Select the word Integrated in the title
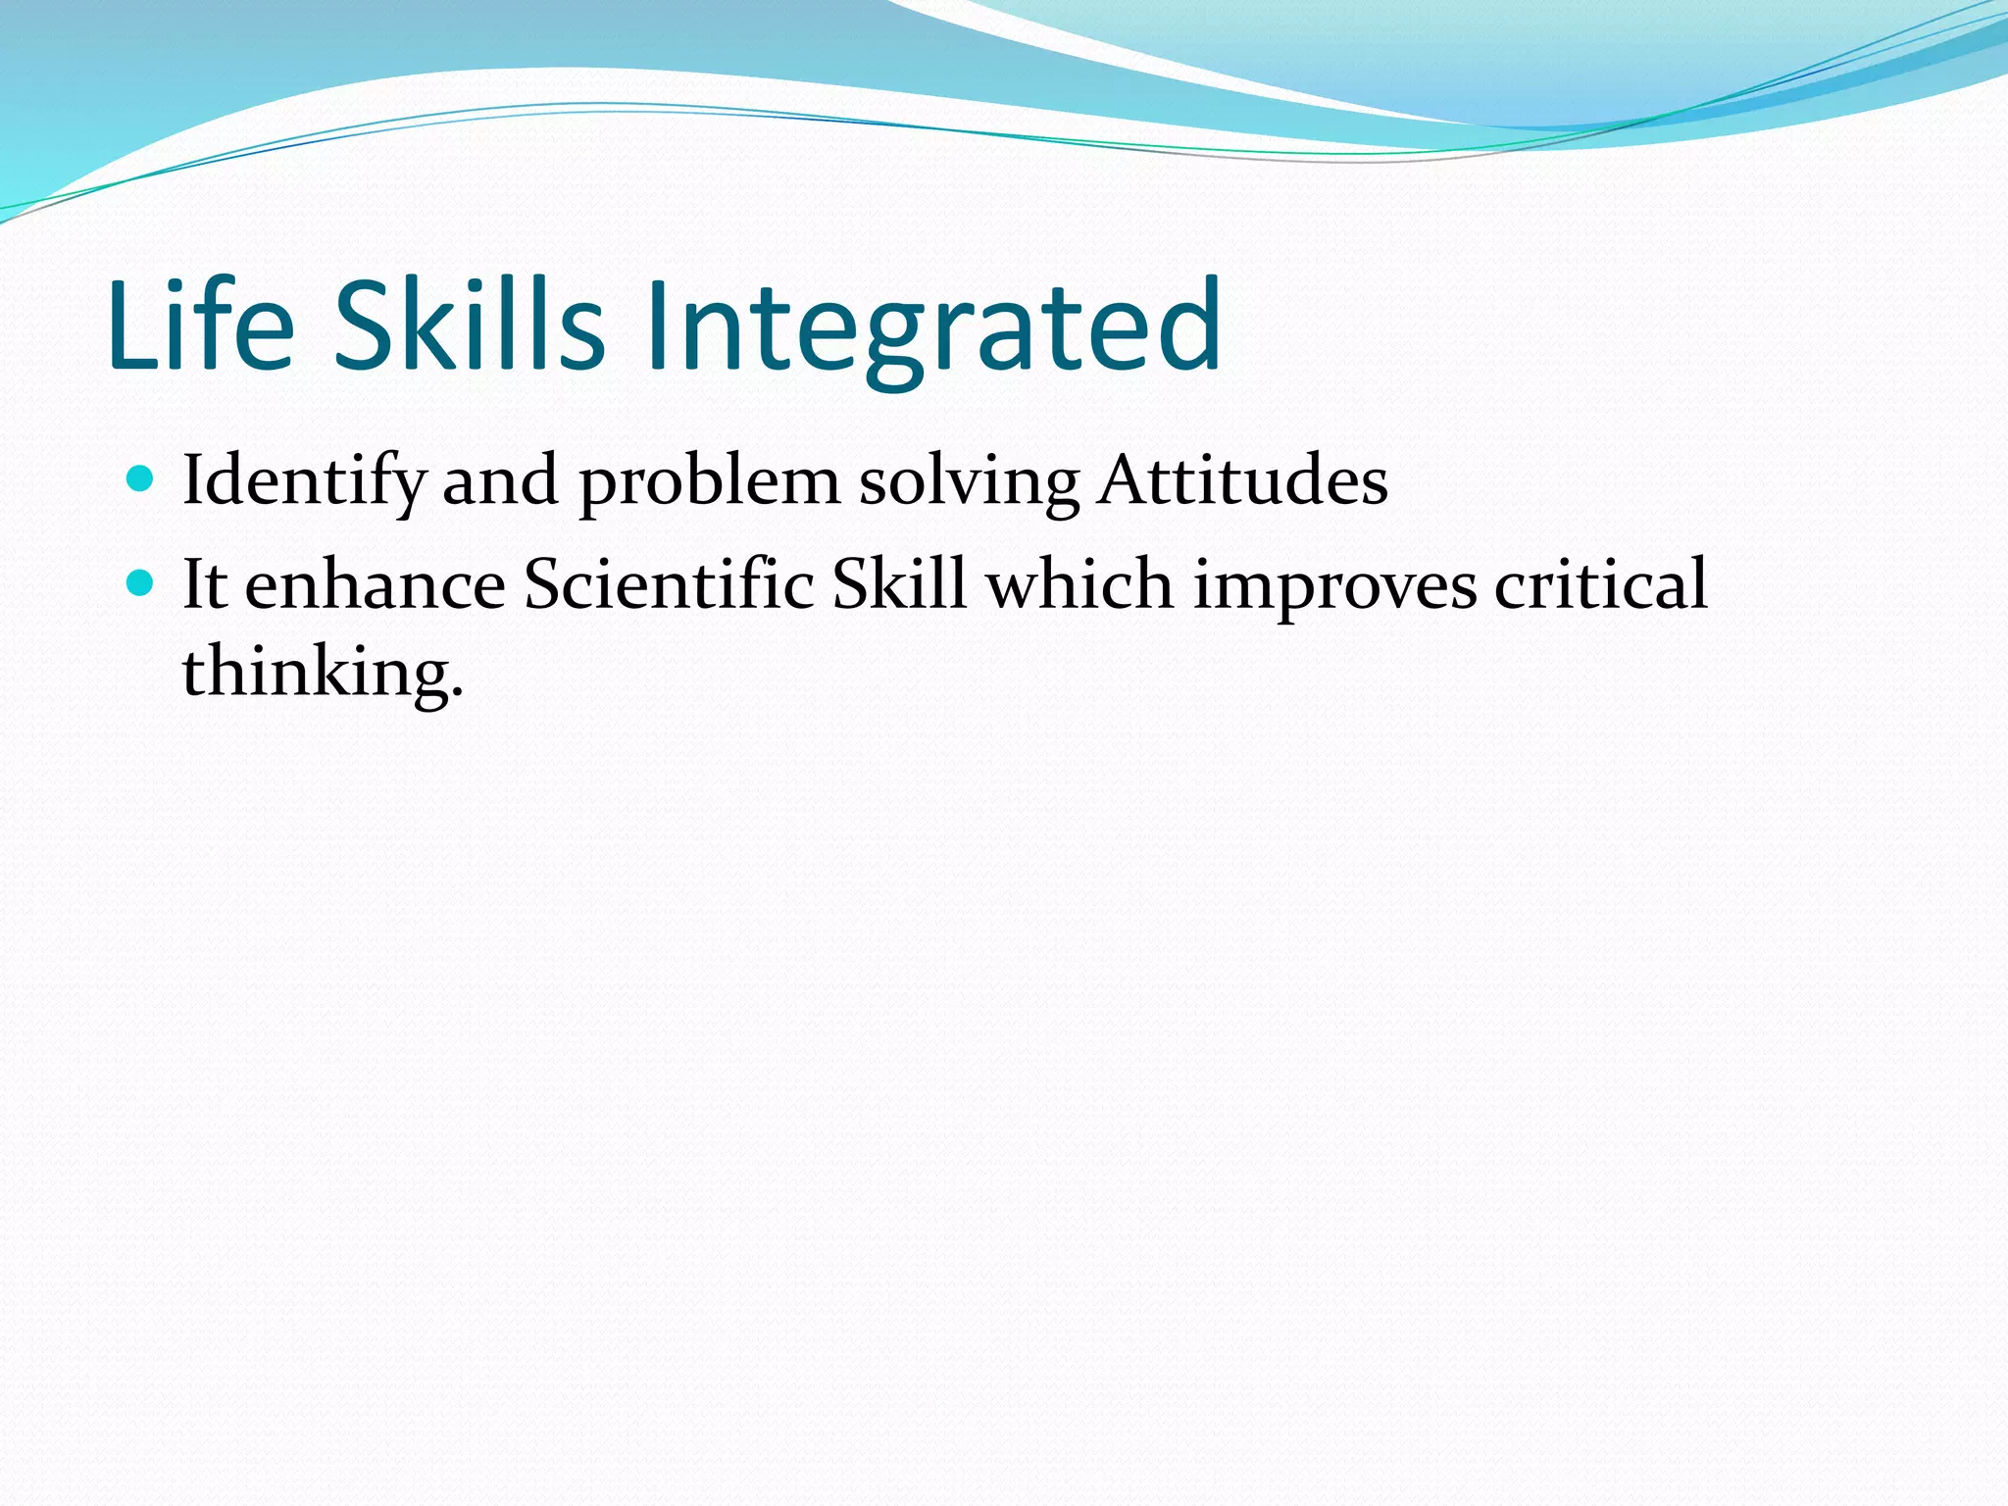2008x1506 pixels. coord(931,328)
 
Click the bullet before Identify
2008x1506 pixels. coord(141,479)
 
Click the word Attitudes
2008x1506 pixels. coord(1242,480)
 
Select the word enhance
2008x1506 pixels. coord(375,585)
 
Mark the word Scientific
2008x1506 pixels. coord(669,585)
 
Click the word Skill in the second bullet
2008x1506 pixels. coord(899,585)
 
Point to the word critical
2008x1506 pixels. coord(1601,585)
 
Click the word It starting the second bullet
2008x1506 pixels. coord(205,585)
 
